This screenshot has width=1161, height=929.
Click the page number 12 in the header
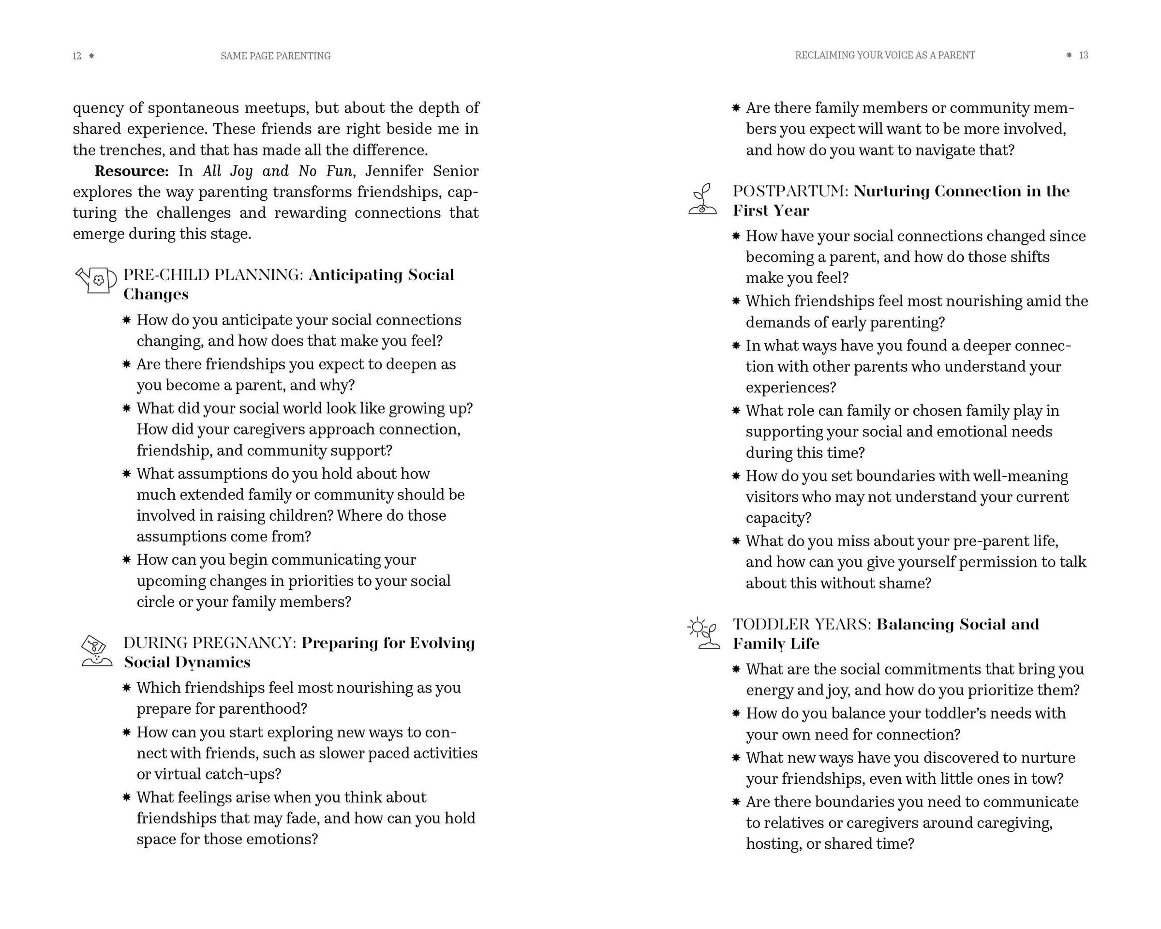77,56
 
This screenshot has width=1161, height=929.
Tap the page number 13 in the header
1084,56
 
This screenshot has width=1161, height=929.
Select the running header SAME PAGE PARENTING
275,56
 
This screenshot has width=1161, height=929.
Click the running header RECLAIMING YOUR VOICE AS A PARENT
885,56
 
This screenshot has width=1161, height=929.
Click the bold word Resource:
132,171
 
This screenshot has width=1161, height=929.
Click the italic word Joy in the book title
241,171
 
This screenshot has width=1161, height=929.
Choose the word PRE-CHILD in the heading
166,275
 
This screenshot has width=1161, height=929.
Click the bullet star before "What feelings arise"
127,797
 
